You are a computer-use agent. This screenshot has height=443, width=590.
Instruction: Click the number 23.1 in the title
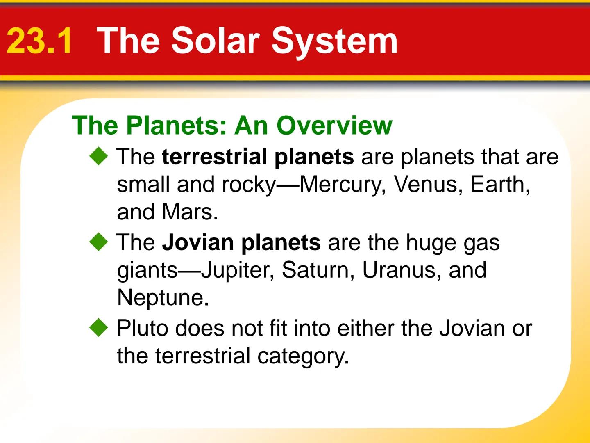click(40, 41)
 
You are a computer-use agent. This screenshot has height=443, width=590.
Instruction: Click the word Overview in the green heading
click(334, 125)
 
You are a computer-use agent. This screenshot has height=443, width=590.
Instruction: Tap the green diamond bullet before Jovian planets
click(99, 242)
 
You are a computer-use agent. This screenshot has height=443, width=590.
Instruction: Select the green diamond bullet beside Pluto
click(99, 328)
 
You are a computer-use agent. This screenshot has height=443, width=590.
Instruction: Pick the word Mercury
click(343, 185)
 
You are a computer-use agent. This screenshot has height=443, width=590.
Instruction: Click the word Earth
click(499, 185)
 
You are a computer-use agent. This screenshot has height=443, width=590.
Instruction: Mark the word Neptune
click(160, 298)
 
